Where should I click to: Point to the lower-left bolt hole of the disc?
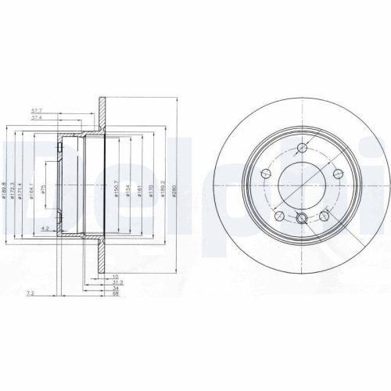tap(277, 213)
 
